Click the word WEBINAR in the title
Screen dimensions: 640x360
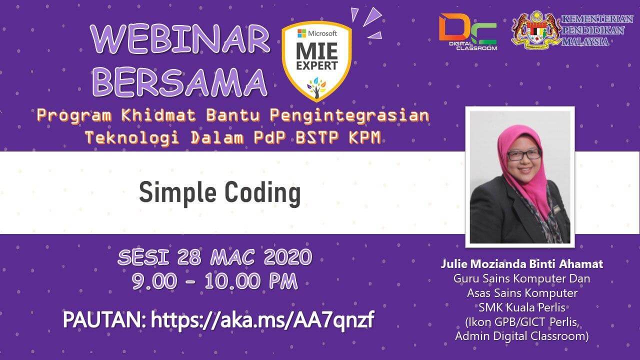click(180, 39)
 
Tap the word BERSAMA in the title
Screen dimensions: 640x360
click(180, 82)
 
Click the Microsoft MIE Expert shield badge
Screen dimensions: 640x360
click(317, 61)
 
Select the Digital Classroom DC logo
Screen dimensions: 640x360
click(468, 32)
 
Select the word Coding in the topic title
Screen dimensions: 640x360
click(262, 193)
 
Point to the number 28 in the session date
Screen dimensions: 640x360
click(189, 257)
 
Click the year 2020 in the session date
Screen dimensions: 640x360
click(287, 257)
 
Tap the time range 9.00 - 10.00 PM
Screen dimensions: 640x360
click(215, 281)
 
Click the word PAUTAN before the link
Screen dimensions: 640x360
click(104, 319)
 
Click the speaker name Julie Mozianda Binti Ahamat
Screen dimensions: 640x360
click(521, 264)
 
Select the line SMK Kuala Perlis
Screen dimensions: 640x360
click(522, 307)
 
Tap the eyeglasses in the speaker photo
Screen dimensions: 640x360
click(524, 155)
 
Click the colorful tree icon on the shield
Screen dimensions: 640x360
click(316, 87)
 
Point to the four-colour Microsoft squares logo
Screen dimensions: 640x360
click(301, 33)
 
